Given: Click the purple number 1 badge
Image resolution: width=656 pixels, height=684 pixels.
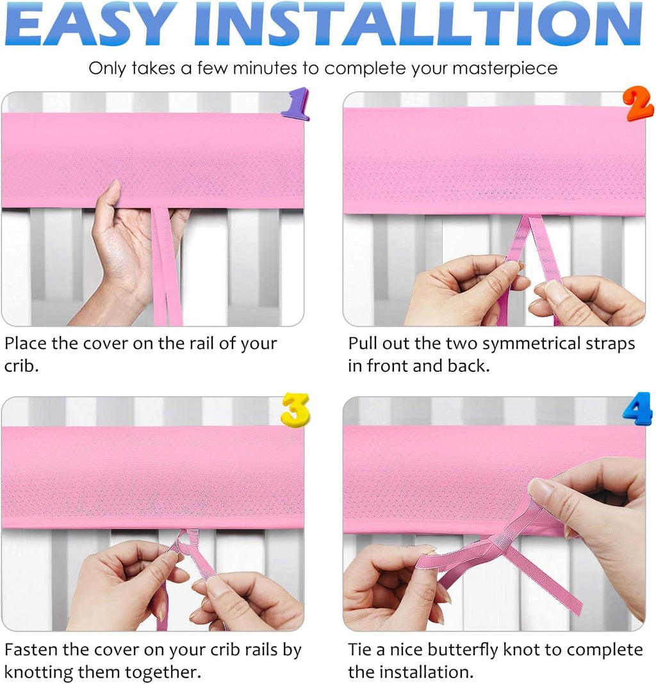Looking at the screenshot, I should tap(295, 104).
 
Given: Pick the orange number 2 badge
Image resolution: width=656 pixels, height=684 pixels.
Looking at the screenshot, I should tap(639, 104).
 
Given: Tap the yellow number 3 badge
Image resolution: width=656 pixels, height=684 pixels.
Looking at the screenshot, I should tap(295, 409).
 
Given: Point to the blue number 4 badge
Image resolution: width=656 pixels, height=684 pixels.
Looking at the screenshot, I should tap(637, 409).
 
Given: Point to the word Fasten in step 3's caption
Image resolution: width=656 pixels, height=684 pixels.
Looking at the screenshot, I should tap(31, 649).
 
